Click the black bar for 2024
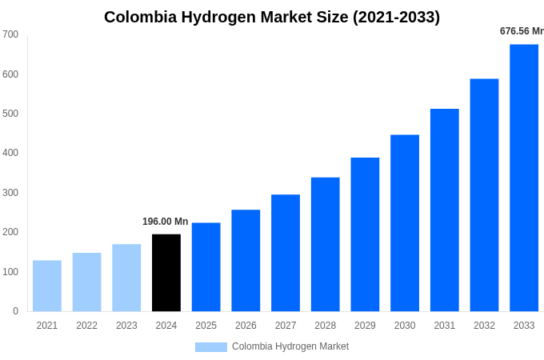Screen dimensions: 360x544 tap(166, 273)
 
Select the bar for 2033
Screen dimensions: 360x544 tap(524, 178)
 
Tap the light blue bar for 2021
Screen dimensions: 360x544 tap(47, 286)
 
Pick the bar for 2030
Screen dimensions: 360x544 tap(405, 223)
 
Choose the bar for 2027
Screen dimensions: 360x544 tap(286, 253)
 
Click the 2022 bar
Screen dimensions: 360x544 tap(87, 282)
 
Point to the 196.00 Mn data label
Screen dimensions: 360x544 tap(166, 222)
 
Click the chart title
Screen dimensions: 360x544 tap(272, 17)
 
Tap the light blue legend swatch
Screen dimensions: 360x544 tap(211, 346)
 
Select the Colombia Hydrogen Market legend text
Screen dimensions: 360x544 tap(290, 346)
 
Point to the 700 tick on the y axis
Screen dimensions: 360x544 tap(10, 34)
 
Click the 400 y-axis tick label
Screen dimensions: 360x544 tap(10, 153)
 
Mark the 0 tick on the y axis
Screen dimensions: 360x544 tap(15, 311)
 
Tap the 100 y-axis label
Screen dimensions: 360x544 tap(10, 272)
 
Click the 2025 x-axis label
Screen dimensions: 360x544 tap(206, 326)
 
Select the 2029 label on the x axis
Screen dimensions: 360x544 tap(365, 326)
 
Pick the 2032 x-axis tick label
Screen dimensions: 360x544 tap(484, 326)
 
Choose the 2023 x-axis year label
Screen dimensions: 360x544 tap(126, 326)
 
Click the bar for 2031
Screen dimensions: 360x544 tap(445, 210)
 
